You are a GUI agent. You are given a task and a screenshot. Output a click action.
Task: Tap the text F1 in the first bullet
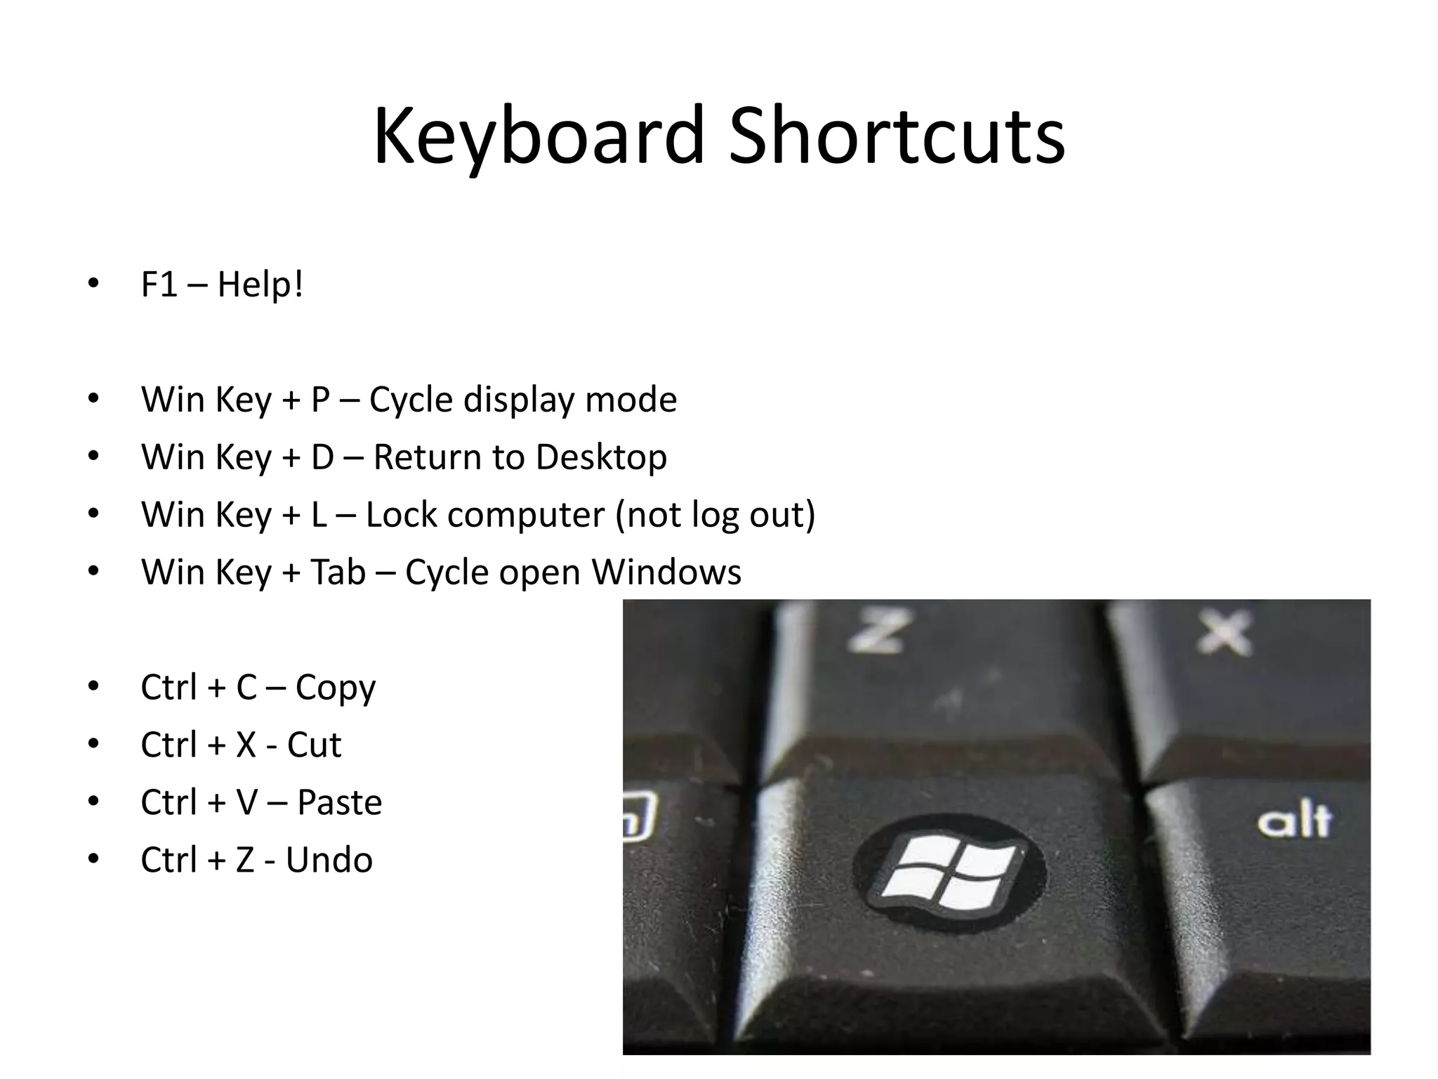click(159, 285)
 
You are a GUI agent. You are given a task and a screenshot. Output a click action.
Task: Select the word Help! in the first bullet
click(260, 285)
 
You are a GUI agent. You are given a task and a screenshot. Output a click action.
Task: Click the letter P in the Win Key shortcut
click(320, 400)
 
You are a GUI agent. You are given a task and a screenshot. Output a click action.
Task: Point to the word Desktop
click(601, 457)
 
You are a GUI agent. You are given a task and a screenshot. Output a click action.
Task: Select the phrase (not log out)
click(715, 515)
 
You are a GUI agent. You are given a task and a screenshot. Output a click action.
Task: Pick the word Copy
click(335, 688)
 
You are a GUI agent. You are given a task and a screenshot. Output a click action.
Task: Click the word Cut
click(314, 745)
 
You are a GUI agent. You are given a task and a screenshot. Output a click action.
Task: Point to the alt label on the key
click(1293, 820)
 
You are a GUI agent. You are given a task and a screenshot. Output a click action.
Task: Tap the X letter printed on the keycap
click(1224, 632)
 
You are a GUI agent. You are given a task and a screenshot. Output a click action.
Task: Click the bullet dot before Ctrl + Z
click(93, 858)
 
